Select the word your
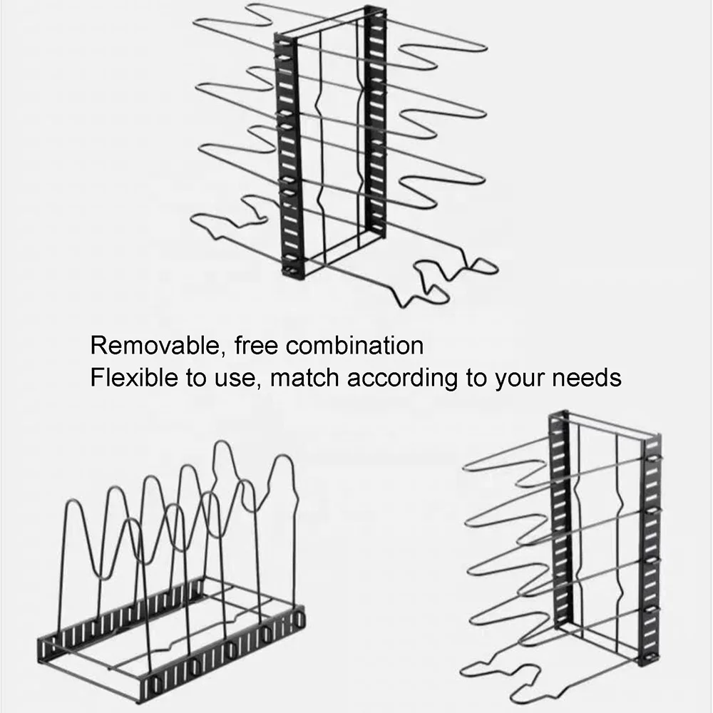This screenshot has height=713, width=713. (x=520, y=378)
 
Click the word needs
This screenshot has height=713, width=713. (x=587, y=377)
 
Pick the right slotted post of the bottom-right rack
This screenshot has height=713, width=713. (x=651, y=549)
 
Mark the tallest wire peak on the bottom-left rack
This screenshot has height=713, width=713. (x=222, y=456)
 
